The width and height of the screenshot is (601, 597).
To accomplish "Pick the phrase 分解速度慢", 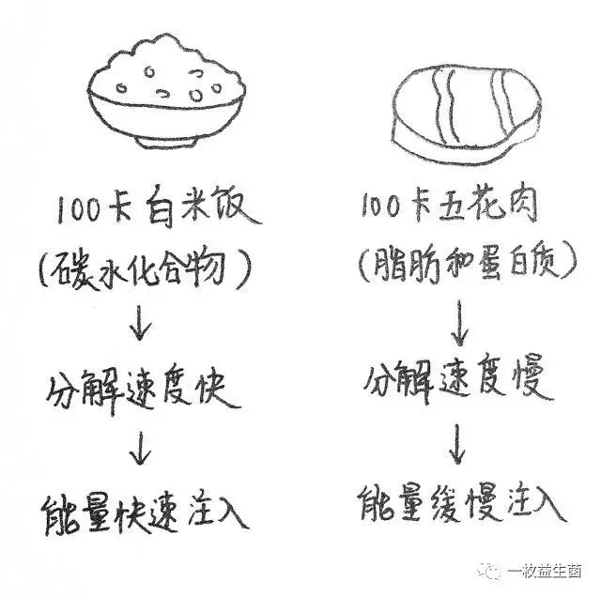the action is click(459, 379).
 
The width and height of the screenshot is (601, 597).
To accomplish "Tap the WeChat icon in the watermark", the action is click(516, 571).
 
